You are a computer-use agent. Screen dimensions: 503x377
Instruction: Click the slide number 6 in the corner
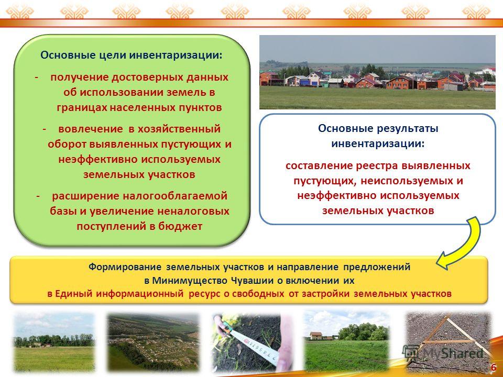[494, 368]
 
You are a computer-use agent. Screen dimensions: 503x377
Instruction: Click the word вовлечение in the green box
[91, 129]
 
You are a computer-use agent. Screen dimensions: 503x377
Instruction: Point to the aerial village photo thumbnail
[154, 342]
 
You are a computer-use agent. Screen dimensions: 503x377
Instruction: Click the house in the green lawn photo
[315, 336]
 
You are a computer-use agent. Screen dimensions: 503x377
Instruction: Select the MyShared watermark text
[453, 353]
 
